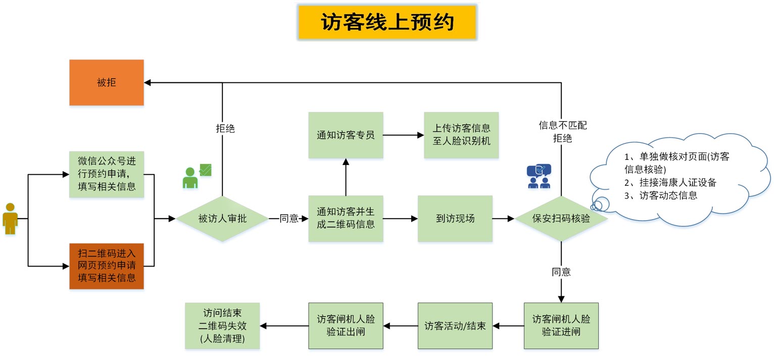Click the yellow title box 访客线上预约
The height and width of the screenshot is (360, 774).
click(x=387, y=22)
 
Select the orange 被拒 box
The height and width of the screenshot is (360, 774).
click(x=107, y=82)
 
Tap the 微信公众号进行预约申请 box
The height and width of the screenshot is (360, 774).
click(x=107, y=174)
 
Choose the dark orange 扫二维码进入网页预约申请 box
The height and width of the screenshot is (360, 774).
click(x=107, y=266)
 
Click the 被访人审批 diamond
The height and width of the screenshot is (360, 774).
click(x=222, y=219)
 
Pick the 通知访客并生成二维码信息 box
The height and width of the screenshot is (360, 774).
click(x=346, y=219)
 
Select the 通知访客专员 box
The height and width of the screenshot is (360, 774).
click(x=346, y=135)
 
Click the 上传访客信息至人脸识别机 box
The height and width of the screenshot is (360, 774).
click(x=461, y=135)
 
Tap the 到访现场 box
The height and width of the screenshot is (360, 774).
click(x=455, y=219)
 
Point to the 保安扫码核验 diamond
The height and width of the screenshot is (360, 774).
click(x=561, y=219)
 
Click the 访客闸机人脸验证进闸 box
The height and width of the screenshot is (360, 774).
click(x=561, y=326)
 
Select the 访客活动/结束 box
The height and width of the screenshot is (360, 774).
click(x=455, y=326)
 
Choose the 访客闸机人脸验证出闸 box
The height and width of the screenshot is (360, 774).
click(x=346, y=326)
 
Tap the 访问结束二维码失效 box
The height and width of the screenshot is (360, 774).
click(x=222, y=326)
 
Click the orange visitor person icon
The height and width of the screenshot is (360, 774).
click(x=10, y=219)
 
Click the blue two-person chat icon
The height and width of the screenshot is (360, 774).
click(x=539, y=176)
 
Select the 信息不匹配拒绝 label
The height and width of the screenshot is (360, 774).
click(x=562, y=131)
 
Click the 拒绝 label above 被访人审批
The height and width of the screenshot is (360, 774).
click(x=225, y=128)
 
